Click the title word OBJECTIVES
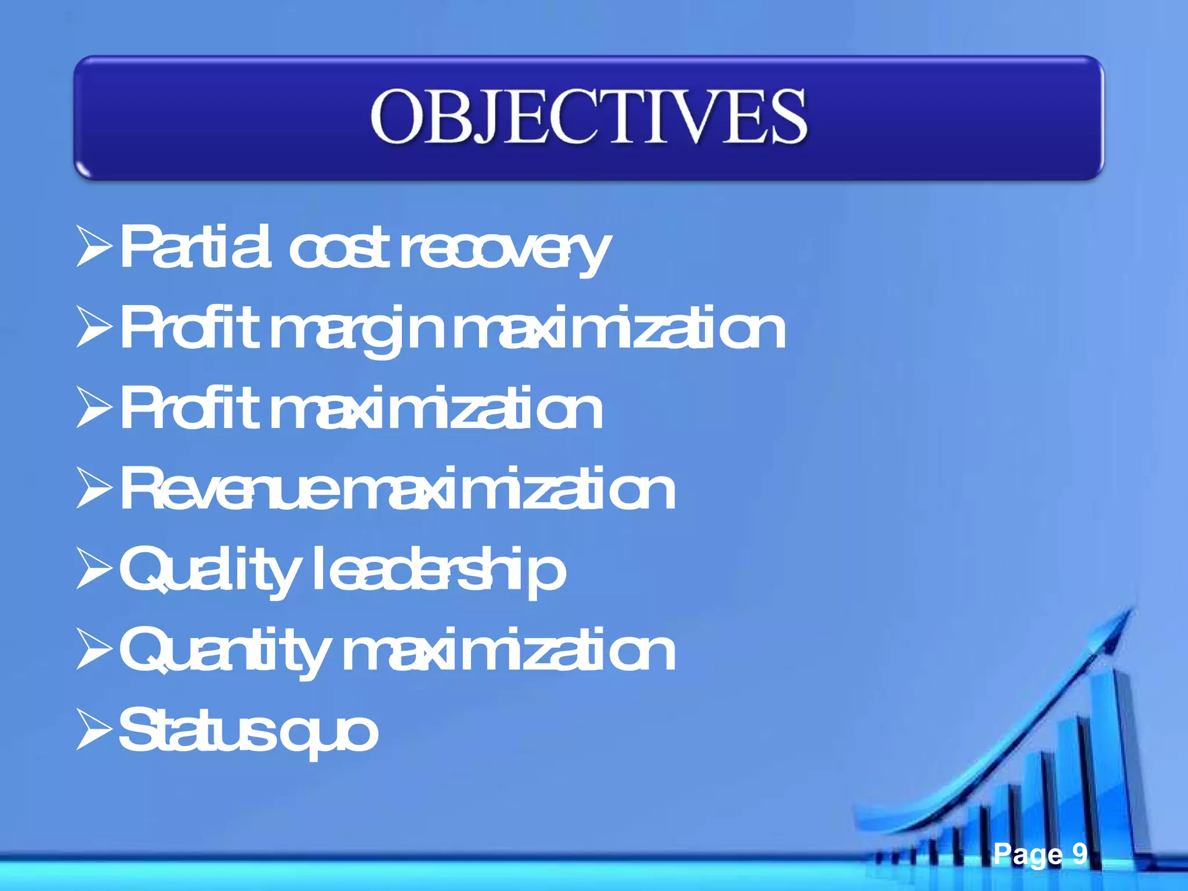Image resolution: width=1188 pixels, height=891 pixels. coord(588,117)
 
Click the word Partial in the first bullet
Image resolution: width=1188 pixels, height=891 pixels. coord(194,248)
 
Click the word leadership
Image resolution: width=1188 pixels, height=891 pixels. coord(439,571)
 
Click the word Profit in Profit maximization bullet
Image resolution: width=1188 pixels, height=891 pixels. coord(189,410)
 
